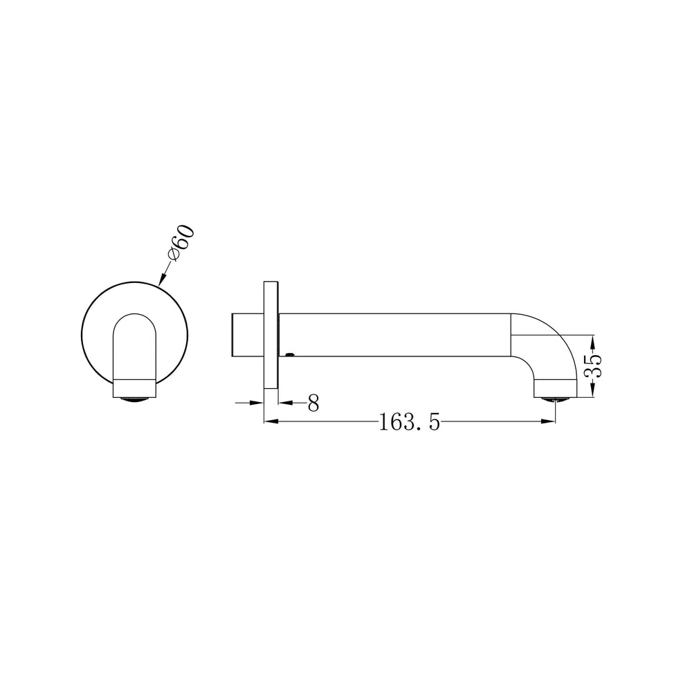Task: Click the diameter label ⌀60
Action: (x=181, y=243)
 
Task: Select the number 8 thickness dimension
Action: (x=313, y=403)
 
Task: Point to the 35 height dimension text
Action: (x=593, y=366)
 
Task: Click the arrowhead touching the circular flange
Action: (x=161, y=280)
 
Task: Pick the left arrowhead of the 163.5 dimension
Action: (x=271, y=421)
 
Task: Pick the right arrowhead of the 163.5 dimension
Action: (x=548, y=421)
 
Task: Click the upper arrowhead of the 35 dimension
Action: (x=593, y=342)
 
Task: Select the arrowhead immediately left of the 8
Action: (x=285, y=403)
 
